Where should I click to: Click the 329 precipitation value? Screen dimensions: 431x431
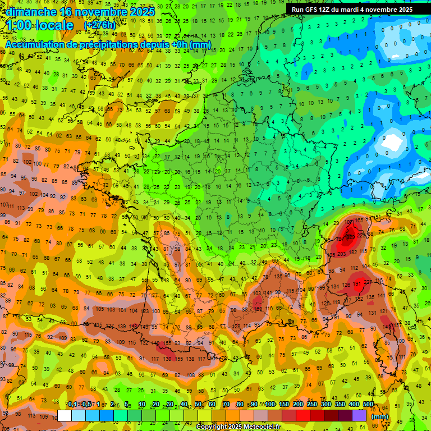pyautogui.click(x=351, y=237)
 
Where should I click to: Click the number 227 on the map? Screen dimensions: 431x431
pyautogui.click(x=368, y=282)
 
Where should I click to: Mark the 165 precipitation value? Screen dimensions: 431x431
pyautogui.click(x=359, y=221)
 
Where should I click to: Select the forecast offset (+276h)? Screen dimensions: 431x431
pyautogui.click(x=100, y=26)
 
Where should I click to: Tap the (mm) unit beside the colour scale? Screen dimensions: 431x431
pyautogui.click(x=380, y=416)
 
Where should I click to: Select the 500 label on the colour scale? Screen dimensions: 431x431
pyautogui.click(x=368, y=405)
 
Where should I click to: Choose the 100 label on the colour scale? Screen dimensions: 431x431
pyautogui.click(x=270, y=405)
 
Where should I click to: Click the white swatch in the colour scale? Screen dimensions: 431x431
pyautogui.click(x=65, y=415)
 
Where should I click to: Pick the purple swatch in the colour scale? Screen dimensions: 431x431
pyautogui.click(x=359, y=415)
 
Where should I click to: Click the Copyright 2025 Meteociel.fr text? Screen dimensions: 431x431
pyautogui.click(x=239, y=427)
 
